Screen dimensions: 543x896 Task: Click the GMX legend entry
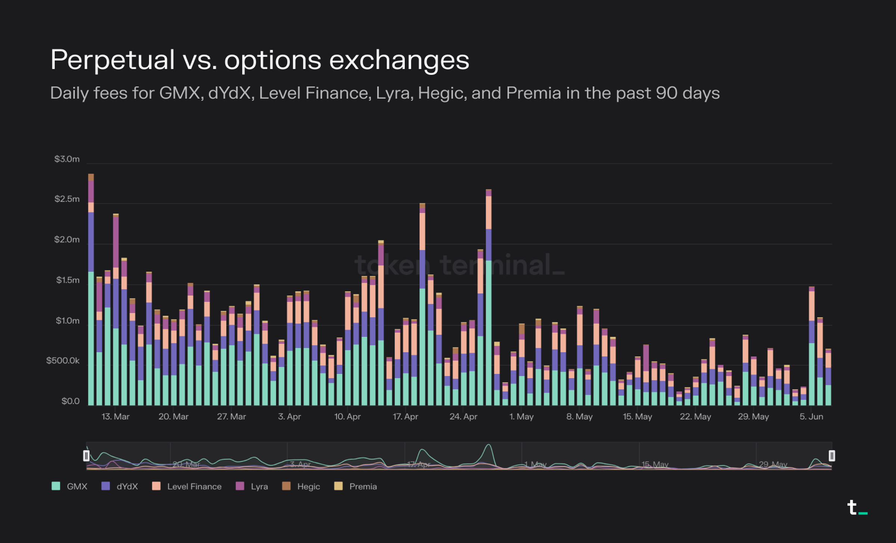(69, 486)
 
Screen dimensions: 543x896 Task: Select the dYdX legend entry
(120, 486)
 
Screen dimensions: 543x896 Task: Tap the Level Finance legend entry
(187, 486)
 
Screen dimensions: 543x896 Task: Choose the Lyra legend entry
(252, 486)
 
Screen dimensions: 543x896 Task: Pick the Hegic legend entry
(301, 486)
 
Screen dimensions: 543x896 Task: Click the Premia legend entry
(356, 486)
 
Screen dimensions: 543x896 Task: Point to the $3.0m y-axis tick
(67, 159)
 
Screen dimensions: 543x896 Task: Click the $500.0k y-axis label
(63, 361)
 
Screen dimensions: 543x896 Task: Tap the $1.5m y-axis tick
(68, 280)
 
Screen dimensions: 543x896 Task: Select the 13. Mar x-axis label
(115, 416)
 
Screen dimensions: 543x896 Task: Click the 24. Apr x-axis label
(463, 416)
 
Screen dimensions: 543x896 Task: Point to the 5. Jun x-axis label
(811, 416)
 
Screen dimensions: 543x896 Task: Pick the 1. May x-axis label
(522, 416)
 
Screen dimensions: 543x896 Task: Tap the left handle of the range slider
(86, 456)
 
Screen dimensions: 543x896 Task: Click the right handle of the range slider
(832, 456)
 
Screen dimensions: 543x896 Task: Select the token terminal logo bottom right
(857, 508)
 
